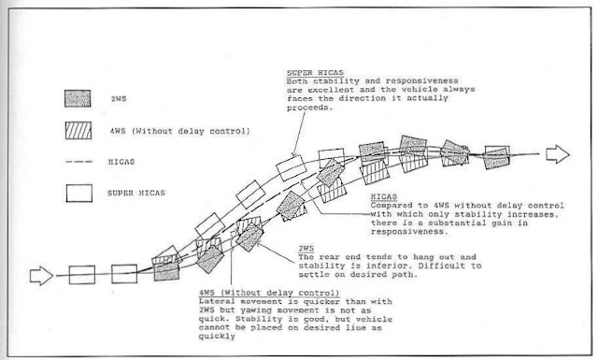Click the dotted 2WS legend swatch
click(x=78, y=98)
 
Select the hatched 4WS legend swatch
click(x=78, y=131)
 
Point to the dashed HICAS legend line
click(x=78, y=162)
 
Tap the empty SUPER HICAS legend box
click(x=78, y=194)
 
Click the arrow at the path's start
click(x=41, y=276)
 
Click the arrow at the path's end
click(x=558, y=154)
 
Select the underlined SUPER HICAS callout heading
click(x=315, y=73)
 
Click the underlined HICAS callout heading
click(x=384, y=197)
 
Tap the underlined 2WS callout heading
click(x=306, y=249)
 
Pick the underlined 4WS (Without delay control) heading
click(x=269, y=293)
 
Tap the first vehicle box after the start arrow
click(x=82, y=275)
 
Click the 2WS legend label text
click(x=119, y=99)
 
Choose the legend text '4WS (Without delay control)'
click(x=180, y=131)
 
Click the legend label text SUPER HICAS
click(x=136, y=194)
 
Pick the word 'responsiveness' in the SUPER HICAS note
click(x=421, y=81)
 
